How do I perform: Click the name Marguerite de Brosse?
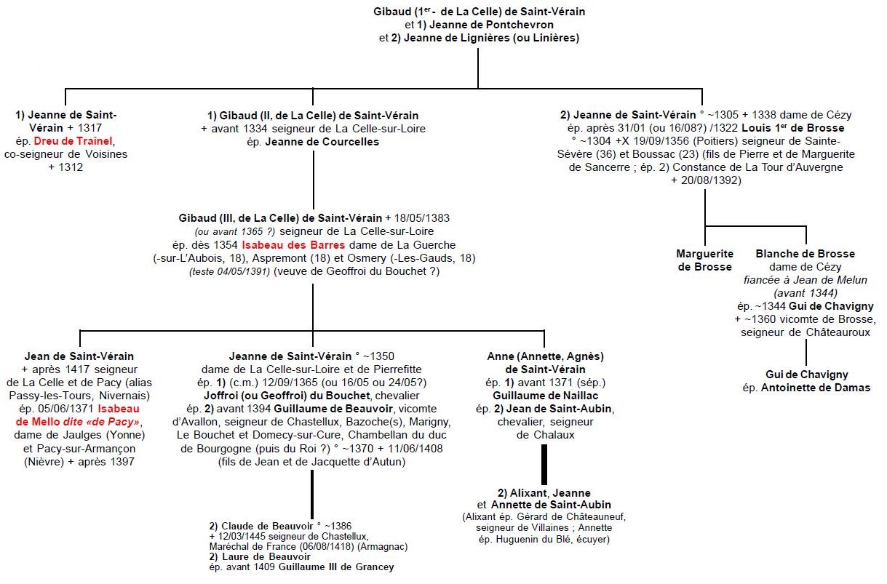pyautogui.click(x=704, y=260)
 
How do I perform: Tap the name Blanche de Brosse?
pyautogui.click(x=805, y=254)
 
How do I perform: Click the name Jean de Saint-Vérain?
pyautogui.click(x=79, y=356)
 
